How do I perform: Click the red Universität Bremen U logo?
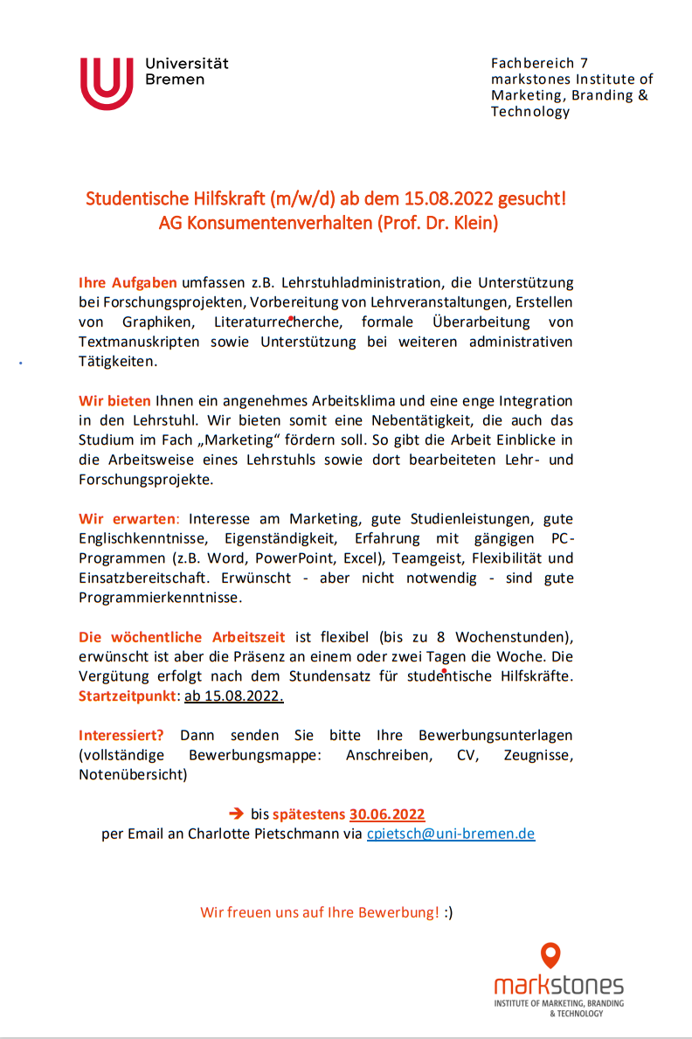[x=107, y=84]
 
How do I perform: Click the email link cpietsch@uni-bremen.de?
[x=451, y=834]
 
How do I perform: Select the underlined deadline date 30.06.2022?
[x=387, y=814]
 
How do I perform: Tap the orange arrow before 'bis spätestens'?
[x=236, y=814]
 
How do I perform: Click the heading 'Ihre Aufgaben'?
[x=128, y=283]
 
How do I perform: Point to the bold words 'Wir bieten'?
[x=114, y=401]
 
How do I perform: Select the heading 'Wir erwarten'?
[x=127, y=518]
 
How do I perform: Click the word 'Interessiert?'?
[x=121, y=735]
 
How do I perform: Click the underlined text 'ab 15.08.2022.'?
[x=234, y=696]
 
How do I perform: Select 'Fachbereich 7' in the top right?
[x=539, y=63]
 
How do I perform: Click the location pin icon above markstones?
[x=550, y=955]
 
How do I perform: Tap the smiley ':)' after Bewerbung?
[x=449, y=913]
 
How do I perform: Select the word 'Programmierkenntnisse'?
[x=159, y=598]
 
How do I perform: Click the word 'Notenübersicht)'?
[x=133, y=774]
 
